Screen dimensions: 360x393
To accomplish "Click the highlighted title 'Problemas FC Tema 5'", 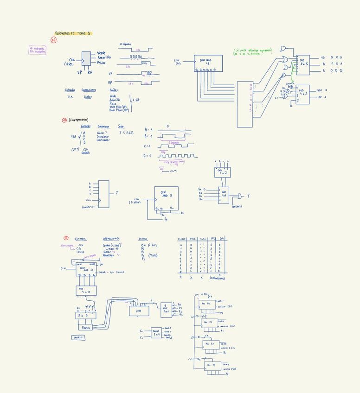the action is point(73,33).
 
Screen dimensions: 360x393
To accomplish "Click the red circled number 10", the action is point(54,40).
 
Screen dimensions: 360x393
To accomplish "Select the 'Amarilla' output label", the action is point(104,57).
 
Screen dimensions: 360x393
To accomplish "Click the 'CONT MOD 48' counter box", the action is point(208,63).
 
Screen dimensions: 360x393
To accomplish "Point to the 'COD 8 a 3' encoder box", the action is point(303,62).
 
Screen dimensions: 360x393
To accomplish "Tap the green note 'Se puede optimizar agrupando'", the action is point(253,51).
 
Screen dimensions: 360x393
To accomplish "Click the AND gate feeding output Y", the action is point(240,196).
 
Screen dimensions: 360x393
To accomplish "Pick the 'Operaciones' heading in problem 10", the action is point(89,90).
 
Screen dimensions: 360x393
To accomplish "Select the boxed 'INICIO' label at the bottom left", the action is point(78,338).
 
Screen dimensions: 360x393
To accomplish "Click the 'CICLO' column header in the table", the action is point(181,240).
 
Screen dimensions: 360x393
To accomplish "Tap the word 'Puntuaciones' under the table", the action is point(217,279).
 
